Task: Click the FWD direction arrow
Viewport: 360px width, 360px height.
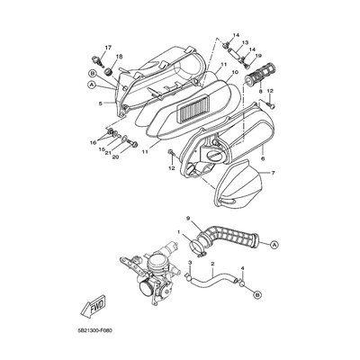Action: point(93,308)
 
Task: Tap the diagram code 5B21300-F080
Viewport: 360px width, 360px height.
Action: point(94,332)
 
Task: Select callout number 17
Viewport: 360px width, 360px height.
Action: point(108,48)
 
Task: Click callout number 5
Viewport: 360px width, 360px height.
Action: point(100,103)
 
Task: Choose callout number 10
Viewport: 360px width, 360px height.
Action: point(235,72)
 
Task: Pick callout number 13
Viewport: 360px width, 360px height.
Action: point(245,42)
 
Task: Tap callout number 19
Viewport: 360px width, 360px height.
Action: point(258,56)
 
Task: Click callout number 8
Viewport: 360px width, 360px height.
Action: point(260,91)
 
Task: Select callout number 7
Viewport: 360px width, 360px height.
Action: point(273,173)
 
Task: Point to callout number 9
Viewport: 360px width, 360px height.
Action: point(188,218)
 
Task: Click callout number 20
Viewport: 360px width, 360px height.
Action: point(116,157)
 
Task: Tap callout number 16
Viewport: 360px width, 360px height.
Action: point(94,142)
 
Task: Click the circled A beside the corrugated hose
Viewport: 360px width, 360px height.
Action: point(274,245)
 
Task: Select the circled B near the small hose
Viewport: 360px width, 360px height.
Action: point(256,295)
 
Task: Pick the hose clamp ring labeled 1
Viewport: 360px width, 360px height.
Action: point(197,247)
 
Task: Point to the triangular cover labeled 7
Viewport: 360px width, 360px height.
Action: point(239,184)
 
